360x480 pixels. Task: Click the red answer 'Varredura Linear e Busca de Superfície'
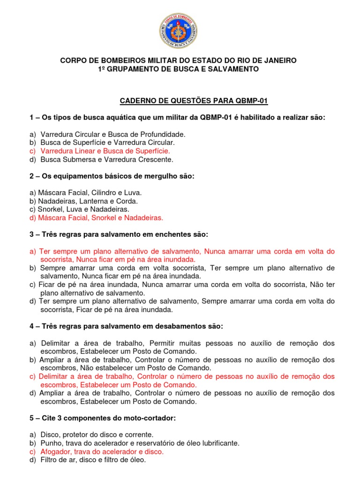coord(105,151)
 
